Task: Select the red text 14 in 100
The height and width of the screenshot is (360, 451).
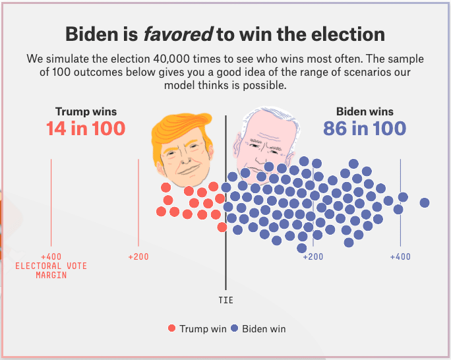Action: [x=86, y=128]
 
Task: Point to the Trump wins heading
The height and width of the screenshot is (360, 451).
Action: [x=86, y=111]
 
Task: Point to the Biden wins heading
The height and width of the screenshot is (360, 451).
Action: [x=365, y=111]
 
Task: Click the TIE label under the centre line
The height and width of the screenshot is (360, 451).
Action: [x=225, y=300]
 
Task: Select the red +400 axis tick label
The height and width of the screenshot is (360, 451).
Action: [x=51, y=256]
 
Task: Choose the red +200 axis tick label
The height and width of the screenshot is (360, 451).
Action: [x=138, y=256]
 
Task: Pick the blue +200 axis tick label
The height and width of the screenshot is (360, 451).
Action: [x=313, y=256]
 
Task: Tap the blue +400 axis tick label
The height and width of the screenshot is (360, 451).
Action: [x=400, y=256]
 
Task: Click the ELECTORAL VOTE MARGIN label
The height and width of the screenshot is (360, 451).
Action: [x=51, y=270]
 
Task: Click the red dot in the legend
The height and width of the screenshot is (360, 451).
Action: [x=172, y=328]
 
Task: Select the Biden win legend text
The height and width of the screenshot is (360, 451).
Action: [x=264, y=328]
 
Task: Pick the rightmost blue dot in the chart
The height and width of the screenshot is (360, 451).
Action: [x=425, y=202]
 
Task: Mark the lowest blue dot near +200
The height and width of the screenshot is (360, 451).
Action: [x=302, y=248]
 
